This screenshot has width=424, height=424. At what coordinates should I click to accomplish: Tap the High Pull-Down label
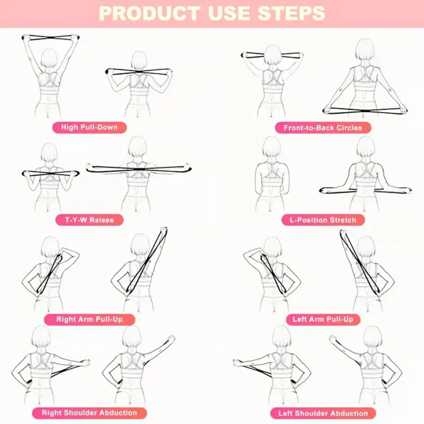pyautogui.click(x=89, y=127)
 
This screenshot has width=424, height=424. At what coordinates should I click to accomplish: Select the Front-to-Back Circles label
pyautogui.click(x=323, y=127)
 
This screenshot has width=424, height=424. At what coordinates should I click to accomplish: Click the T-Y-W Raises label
pyautogui.click(x=89, y=220)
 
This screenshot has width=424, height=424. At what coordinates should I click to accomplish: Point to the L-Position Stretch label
pyautogui.click(x=323, y=220)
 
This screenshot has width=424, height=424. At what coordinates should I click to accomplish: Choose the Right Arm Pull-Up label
pyautogui.click(x=89, y=319)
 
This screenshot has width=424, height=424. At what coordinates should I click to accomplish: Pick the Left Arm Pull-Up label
pyautogui.click(x=323, y=319)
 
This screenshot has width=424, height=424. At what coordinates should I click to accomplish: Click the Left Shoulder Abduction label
pyautogui.click(x=323, y=413)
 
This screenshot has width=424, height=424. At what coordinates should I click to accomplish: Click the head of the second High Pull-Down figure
pyautogui.click(x=139, y=61)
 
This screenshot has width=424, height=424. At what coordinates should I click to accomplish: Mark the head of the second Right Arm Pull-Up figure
pyautogui.click(x=140, y=244)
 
